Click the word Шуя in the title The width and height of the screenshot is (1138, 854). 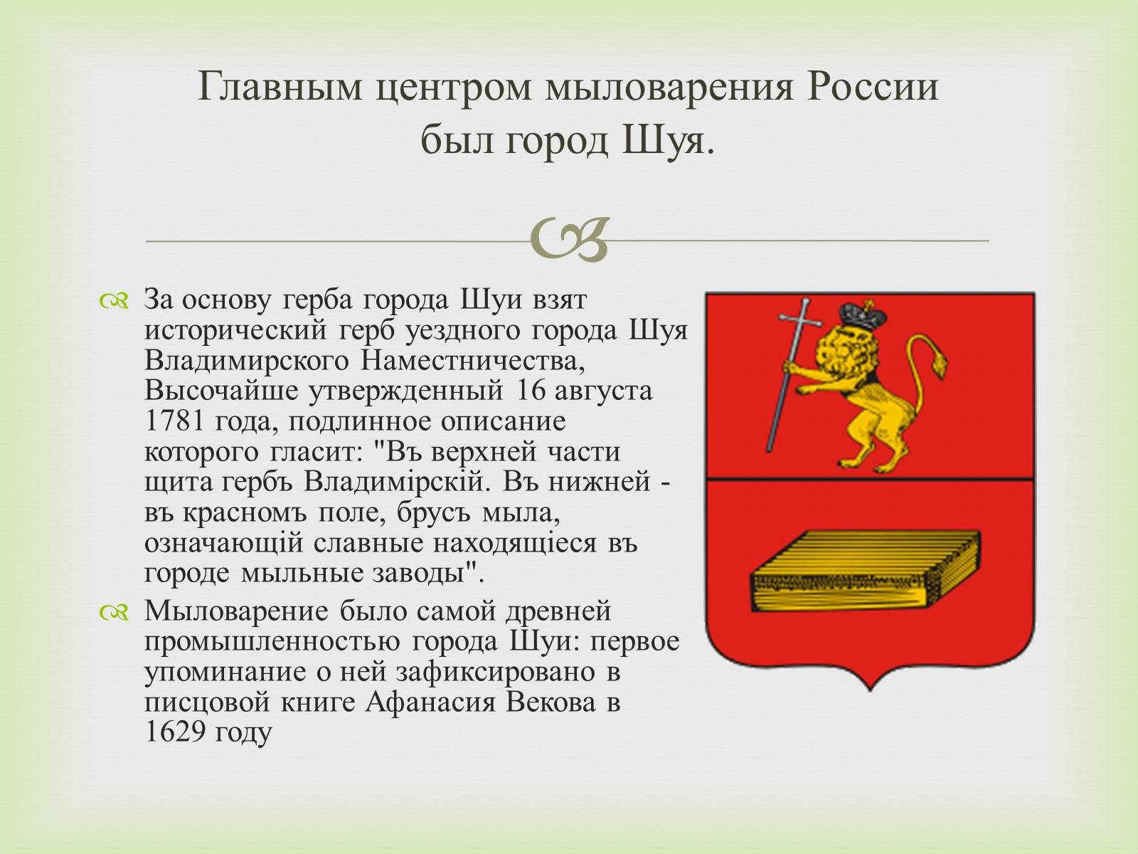668,141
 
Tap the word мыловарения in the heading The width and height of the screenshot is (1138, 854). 669,87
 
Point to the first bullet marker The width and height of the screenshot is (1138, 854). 114,302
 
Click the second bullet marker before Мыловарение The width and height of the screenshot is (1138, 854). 114,613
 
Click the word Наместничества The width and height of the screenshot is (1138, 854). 472,360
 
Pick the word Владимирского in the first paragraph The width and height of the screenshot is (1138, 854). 246,360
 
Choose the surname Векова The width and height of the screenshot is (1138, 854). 551,702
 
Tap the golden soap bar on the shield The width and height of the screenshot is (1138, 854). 866,570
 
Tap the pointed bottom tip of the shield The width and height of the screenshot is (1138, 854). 870,691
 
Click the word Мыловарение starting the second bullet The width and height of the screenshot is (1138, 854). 236,611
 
